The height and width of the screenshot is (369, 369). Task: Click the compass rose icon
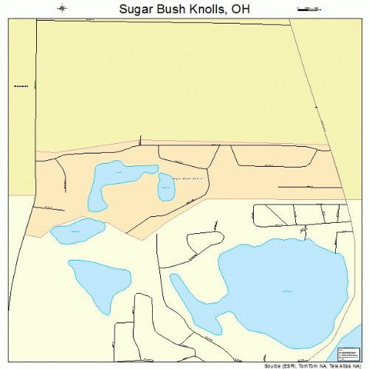63,8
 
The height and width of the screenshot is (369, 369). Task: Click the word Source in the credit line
273,365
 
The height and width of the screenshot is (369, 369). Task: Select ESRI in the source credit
291,365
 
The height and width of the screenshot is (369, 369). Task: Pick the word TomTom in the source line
310,365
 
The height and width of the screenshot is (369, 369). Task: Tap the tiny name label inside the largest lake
287,292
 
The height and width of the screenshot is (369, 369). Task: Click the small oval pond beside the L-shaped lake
165,187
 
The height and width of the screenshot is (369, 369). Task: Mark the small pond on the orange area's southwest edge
77,231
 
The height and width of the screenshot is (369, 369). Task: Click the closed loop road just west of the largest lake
204,243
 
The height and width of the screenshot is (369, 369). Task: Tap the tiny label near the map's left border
21,87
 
